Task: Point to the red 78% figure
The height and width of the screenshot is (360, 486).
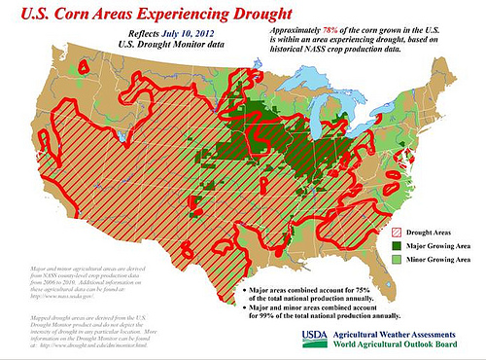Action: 336,32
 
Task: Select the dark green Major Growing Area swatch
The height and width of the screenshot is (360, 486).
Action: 398,246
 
